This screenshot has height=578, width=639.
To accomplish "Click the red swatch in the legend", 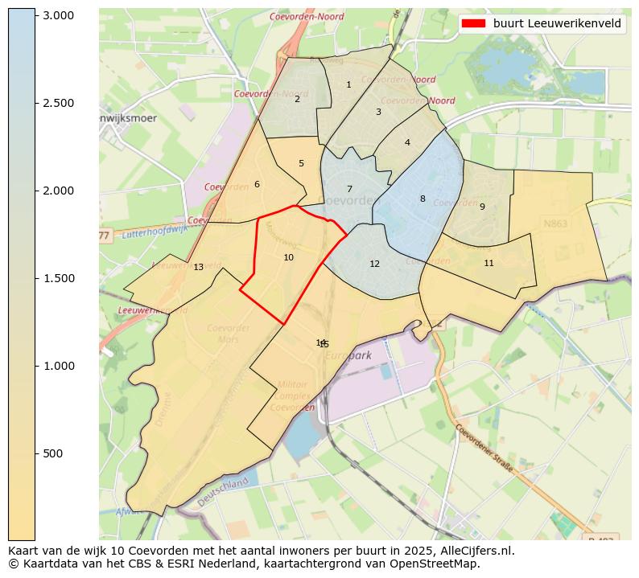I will [x=475, y=23].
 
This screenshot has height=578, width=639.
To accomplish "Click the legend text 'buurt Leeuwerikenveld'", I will [x=557, y=23].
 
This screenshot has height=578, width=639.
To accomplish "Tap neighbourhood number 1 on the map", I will [x=348, y=84].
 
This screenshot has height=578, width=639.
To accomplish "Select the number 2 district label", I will [x=297, y=99].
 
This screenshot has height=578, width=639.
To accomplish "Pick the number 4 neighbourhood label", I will [x=407, y=142].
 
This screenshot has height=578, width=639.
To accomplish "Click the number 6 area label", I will [x=257, y=184].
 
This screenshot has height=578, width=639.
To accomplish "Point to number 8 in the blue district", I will [x=422, y=199].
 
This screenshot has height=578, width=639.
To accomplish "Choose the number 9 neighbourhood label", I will [x=482, y=207].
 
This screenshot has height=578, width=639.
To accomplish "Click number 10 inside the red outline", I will [x=288, y=257].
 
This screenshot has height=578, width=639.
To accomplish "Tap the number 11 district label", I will [x=489, y=263].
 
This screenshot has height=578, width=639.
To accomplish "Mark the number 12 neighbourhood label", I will [x=374, y=264].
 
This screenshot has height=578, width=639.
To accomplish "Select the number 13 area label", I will [x=198, y=267].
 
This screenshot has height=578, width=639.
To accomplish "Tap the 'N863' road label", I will [x=555, y=223].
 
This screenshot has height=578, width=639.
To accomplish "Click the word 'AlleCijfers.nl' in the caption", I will [x=476, y=551].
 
